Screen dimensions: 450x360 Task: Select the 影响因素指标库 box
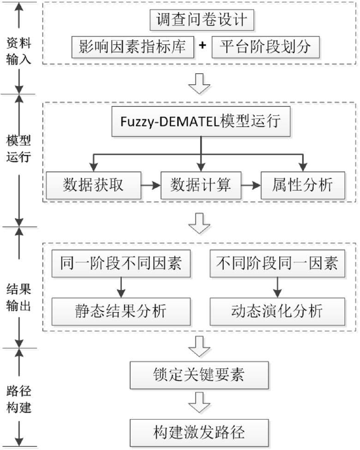(132, 47)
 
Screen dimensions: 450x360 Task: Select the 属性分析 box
(303, 185)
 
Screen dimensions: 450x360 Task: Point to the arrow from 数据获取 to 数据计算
(150, 185)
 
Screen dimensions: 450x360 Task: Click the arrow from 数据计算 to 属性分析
(252, 185)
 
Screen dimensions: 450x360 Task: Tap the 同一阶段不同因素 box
(121, 264)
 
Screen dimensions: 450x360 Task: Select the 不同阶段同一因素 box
(277, 264)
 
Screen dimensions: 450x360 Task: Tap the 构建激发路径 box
(198, 432)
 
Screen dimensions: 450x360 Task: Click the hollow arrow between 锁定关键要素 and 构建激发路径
(199, 403)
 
